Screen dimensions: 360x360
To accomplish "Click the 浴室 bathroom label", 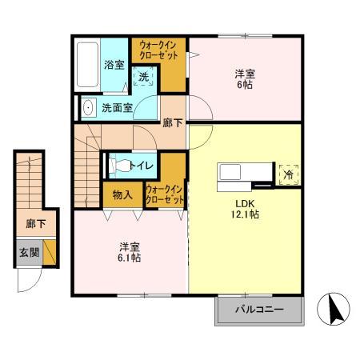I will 114,65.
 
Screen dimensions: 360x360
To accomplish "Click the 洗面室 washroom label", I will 118,106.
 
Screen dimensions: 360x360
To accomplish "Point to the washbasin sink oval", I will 88,106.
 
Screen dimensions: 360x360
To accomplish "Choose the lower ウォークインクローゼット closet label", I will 164,194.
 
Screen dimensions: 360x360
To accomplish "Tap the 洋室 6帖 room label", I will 244,79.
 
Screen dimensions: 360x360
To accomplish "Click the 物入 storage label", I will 122,194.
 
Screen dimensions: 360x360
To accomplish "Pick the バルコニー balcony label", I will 259,310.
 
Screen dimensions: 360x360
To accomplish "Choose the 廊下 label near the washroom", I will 172,122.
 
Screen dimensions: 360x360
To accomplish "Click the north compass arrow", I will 337,309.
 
